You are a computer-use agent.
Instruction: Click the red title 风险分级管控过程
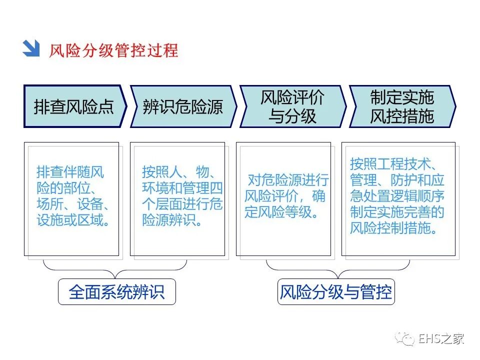pos(113,50)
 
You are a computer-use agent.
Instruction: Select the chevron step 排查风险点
pos(74,106)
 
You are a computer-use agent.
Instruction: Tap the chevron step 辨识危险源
pos(182,106)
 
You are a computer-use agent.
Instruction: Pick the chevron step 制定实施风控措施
pos(401,106)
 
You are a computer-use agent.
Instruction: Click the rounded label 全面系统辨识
pos(117,292)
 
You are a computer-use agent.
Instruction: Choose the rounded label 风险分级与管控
pos(336,292)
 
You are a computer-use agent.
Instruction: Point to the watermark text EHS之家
pos(441,339)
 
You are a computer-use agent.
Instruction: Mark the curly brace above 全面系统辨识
pos(115,268)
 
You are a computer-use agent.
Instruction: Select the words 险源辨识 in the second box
pos(167,220)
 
